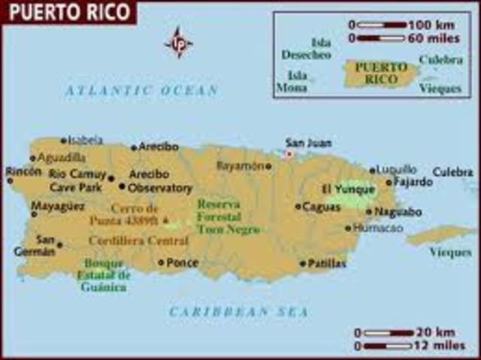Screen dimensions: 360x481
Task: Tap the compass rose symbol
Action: [178, 42]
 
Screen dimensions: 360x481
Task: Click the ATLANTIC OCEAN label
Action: [141, 90]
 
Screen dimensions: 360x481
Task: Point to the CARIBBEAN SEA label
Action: [239, 310]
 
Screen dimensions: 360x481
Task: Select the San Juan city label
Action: [308, 143]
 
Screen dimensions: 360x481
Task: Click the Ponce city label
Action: [183, 263]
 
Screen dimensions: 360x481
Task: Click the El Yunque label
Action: [348, 189]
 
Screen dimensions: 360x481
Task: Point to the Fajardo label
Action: [414, 182]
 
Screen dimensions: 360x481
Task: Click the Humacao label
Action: [377, 228]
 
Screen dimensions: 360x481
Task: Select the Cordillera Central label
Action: [138, 241]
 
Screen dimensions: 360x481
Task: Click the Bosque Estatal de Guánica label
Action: [104, 275]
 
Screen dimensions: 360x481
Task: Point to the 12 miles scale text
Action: [440, 345]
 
